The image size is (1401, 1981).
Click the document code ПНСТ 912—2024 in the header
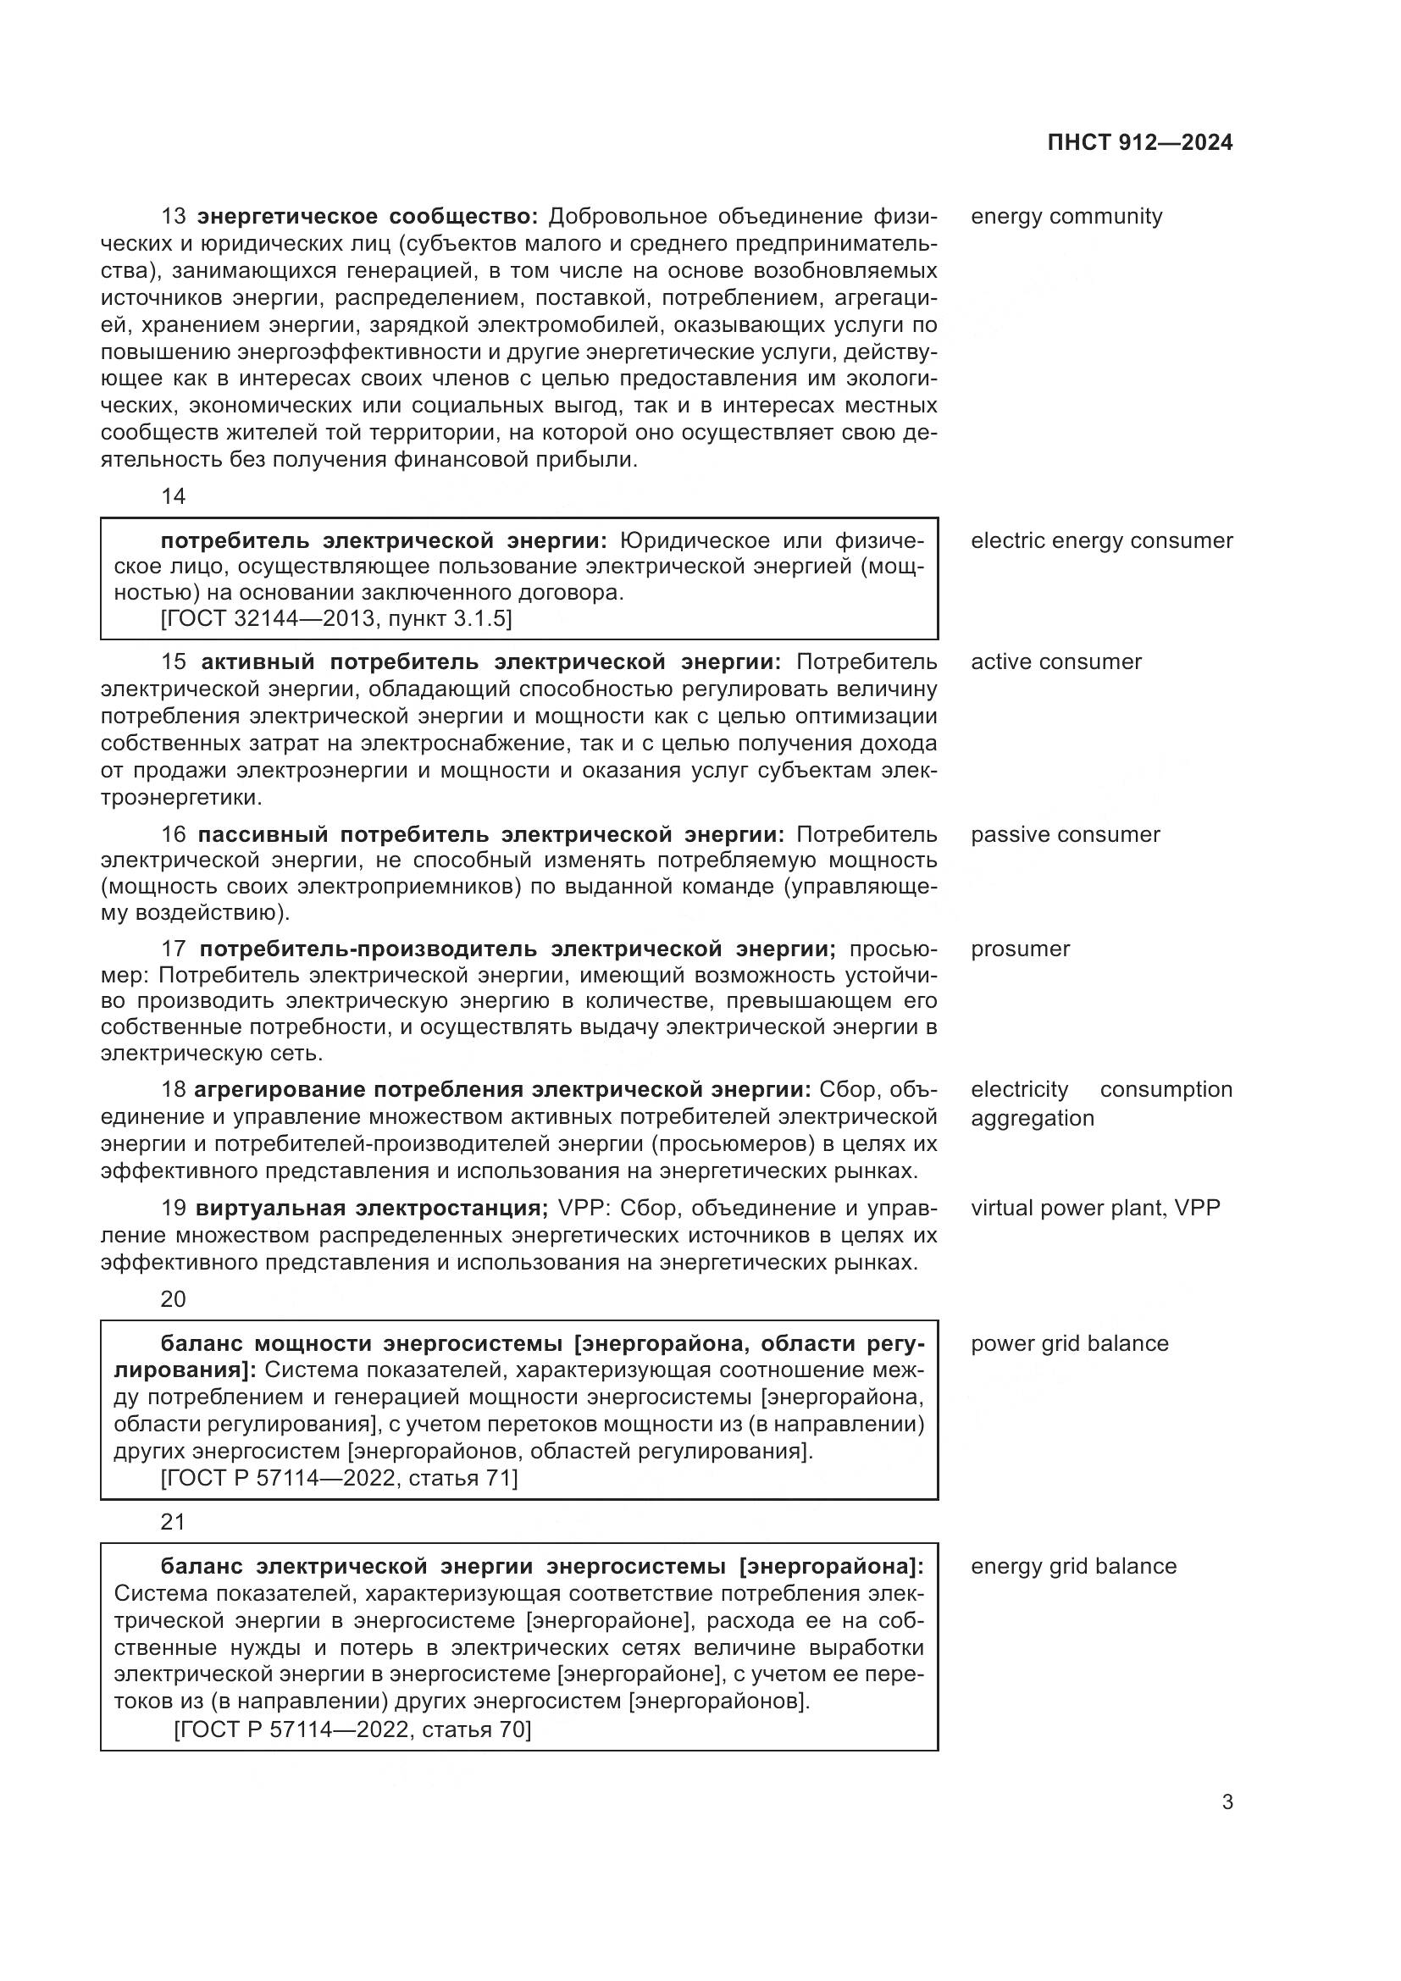(x=1139, y=143)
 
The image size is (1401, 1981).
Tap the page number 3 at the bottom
(x=1227, y=1801)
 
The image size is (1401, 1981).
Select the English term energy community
(x=1066, y=217)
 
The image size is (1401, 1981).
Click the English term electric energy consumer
(x=1102, y=541)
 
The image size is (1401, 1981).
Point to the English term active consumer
(x=1056, y=661)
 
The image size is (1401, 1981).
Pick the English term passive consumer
(x=1066, y=834)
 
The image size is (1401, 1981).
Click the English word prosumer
(x=1020, y=949)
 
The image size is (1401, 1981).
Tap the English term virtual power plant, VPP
(x=1095, y=1208)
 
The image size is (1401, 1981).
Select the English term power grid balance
(x=1070, y=1343)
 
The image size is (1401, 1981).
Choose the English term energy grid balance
(x=1073, y=1566)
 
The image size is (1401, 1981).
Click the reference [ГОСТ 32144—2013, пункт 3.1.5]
(x=335, y=618)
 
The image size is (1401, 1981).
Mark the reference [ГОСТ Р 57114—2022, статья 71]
(x=339, y=1478)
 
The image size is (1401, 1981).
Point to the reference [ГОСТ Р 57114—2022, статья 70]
(x=352, y=1729)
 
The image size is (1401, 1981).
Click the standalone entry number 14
(x=174, y=496)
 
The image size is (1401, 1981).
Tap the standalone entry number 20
(x=174, y=1298)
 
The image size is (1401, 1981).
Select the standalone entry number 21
(x=174, y=1521)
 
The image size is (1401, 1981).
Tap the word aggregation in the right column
(x=1032, y=1118)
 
